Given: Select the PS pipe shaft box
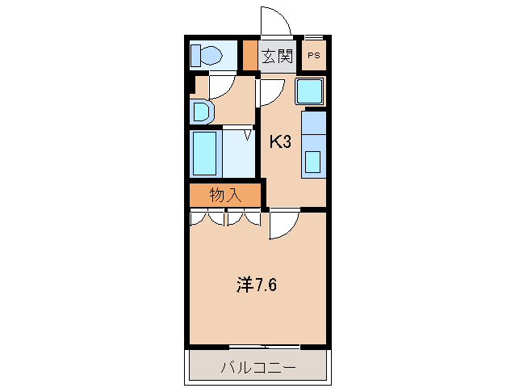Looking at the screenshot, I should point(314,57).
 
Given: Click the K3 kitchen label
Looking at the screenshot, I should point(279,142).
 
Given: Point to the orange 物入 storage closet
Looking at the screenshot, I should point(225,195).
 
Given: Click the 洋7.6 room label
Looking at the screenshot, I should point(258,285).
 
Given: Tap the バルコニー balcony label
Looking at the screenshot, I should point(258,368).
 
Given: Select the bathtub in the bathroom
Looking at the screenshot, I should point(206,154).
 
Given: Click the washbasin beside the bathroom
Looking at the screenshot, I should point(203,111).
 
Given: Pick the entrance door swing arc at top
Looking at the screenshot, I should point(273,20).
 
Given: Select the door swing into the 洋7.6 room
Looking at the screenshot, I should point(283,224).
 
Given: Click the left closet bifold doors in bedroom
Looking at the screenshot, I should point(207,217).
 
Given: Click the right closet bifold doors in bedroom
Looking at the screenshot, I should point(243,217).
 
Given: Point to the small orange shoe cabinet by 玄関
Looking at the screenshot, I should point(249,56).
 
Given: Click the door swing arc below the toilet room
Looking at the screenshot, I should point(221,86).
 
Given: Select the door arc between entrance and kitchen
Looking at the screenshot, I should point(268,93).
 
